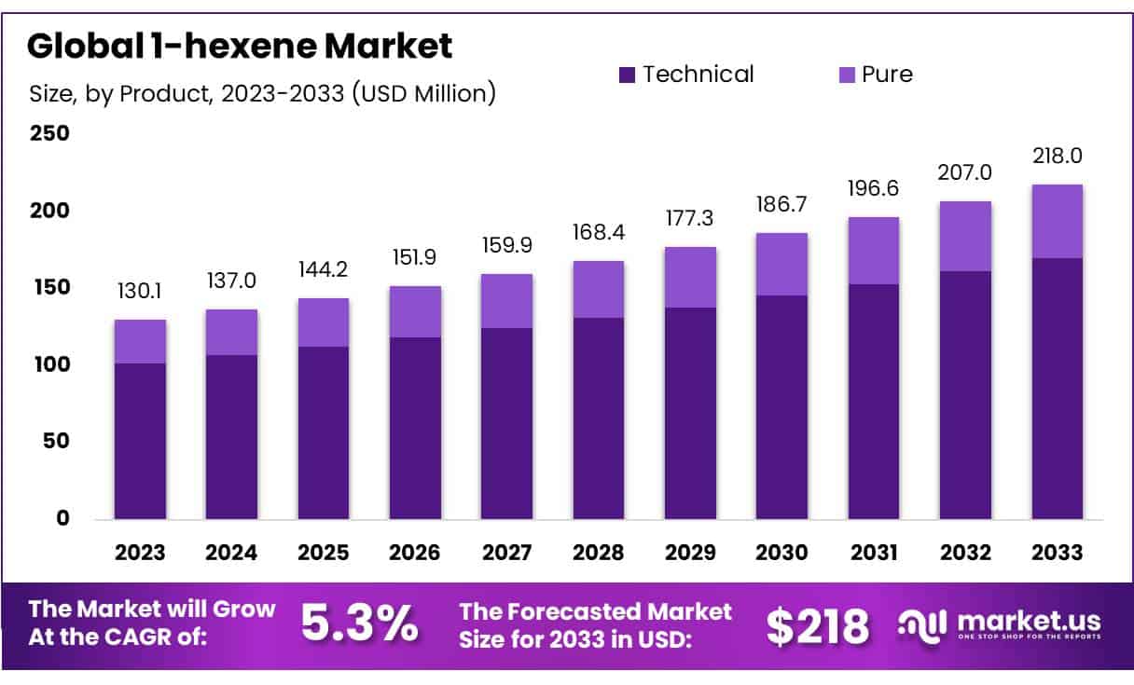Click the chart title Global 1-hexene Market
(x=241, y=45)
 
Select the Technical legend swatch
(x=628, y=75)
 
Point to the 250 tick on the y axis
(x=50, y=133)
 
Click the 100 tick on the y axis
(x=50, y=364)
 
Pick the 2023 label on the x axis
(x=140, y=553)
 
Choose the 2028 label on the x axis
(x=599, y=553)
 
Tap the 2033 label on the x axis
(x=1057, y=553)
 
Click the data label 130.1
(x=140, y=292)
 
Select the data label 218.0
(x=1057, y=156)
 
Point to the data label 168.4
(x=599, y=232)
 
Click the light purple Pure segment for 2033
(x=1057, y=221)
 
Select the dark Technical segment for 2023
(x=140, y=441)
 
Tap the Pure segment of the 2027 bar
(x=506, y=301)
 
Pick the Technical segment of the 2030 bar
(x=781, y=407)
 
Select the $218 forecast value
(x=818, y=626)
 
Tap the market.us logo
(x=1000, y=624)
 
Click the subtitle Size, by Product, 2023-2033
(x=262, y=93)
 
